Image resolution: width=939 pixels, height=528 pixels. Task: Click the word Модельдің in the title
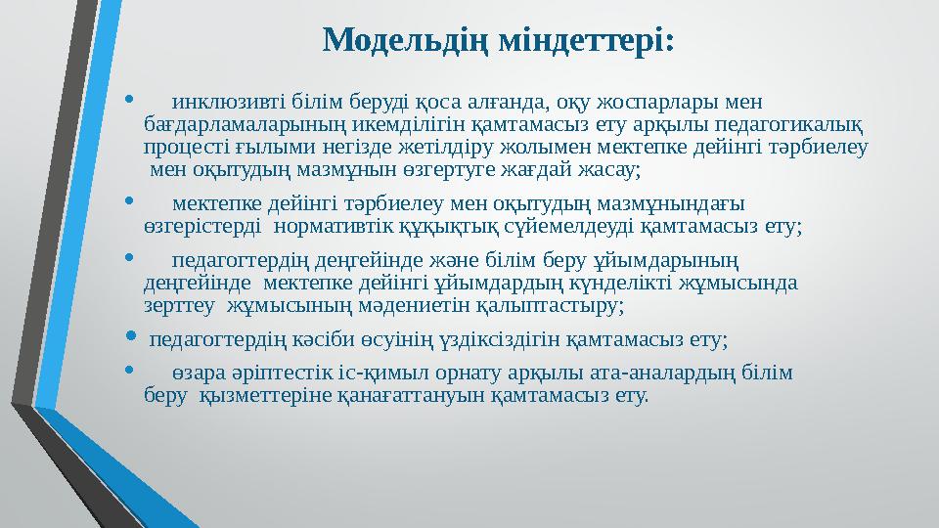pos(403,40)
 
